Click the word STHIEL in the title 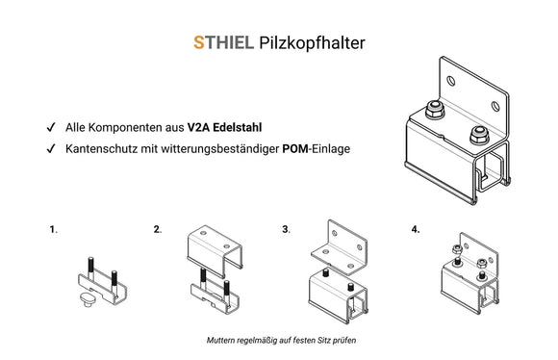pos(223,42)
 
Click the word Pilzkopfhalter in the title pos(312,43)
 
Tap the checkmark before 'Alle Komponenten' pos(49,127)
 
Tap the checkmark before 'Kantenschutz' pos(49,149)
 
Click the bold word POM pos(294,149)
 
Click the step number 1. pos(53,231)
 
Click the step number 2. pos(157,231)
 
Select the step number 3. pos(286,231)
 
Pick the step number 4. pos(415,231)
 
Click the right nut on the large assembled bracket pos(477,132)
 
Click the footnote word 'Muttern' pos(222,341)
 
